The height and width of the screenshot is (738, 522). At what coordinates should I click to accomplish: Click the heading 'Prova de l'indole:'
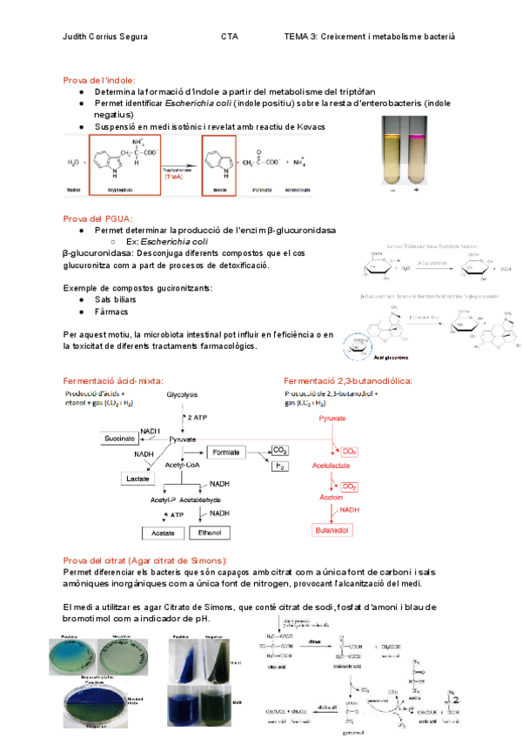click(97, 79)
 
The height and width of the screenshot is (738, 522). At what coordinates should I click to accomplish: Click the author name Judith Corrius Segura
click(105, 37)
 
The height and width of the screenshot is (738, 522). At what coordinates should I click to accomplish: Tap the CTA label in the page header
click(230, 37)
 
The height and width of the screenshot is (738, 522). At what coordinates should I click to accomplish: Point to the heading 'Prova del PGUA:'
click(96, 218)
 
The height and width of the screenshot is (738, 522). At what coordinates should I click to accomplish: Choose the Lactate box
click(138, 478)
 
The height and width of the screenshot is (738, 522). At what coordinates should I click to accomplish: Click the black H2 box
click(280, 466)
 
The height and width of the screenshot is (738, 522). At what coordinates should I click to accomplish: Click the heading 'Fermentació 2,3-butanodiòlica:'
click(348, 380)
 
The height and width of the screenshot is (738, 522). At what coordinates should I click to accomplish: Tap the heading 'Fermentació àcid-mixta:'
click(114, 380)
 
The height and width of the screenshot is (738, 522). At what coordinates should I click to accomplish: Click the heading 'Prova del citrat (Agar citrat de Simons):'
click(146, 560)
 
